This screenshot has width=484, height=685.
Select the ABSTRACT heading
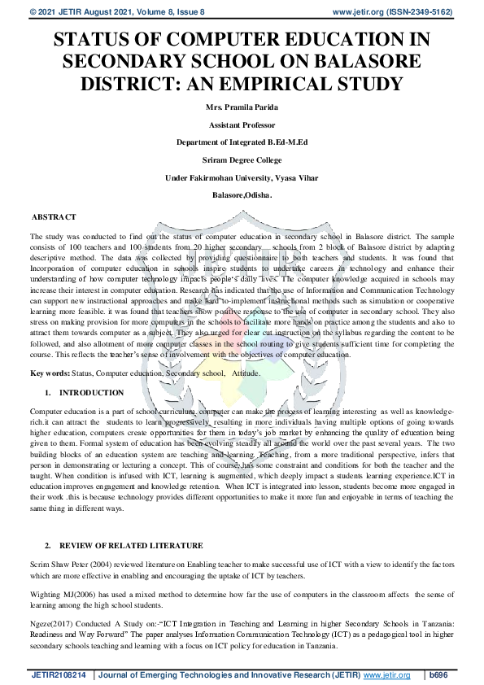[x=54, y=217]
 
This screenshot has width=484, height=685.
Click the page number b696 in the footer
[x=438, y=675]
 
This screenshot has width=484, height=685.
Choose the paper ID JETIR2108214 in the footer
[x=59, y=675]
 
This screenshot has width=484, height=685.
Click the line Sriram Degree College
[x=242, y=159]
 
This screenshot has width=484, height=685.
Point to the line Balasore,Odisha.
[x=242, y=196]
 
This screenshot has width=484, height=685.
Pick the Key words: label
[x=55, y=373]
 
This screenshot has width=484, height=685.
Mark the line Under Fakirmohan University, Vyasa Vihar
[x=242, y=177]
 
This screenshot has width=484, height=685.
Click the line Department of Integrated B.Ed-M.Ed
[x=242, y=142]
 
